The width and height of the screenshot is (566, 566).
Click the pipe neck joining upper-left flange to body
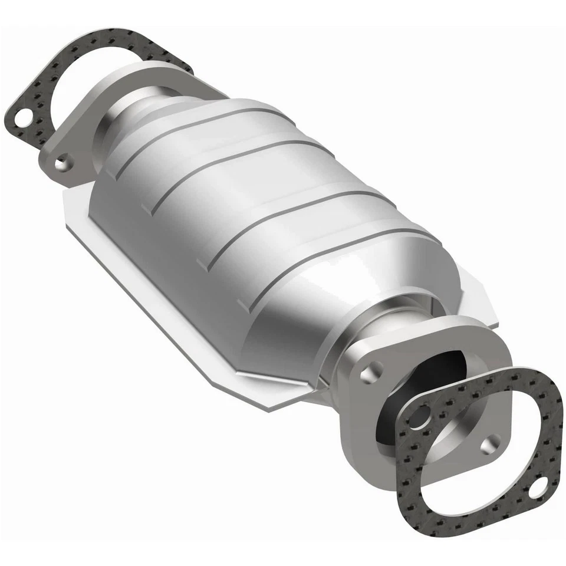133,112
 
